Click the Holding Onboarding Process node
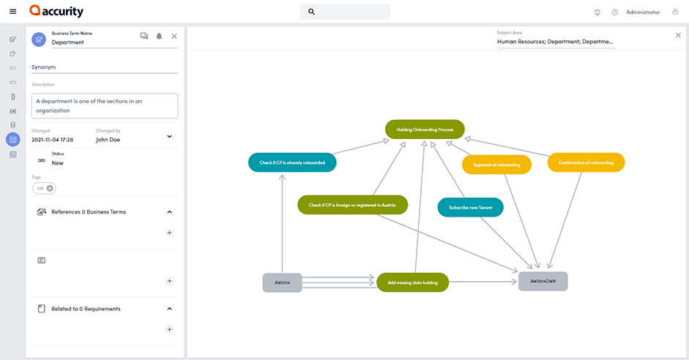425,130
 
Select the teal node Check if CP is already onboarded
292,162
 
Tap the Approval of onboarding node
496,165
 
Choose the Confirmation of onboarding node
586,162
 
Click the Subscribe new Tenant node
470,207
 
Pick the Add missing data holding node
412,282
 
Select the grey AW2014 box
282,282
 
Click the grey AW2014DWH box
543,281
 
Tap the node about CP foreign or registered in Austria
352,205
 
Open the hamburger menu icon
12,12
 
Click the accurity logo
56,12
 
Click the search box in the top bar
345,12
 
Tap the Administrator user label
642,12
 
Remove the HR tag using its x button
50,188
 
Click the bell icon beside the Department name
159,36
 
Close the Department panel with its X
174,36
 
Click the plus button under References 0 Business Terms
169,233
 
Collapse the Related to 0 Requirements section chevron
169,309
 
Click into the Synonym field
104,67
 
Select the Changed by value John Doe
108,139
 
